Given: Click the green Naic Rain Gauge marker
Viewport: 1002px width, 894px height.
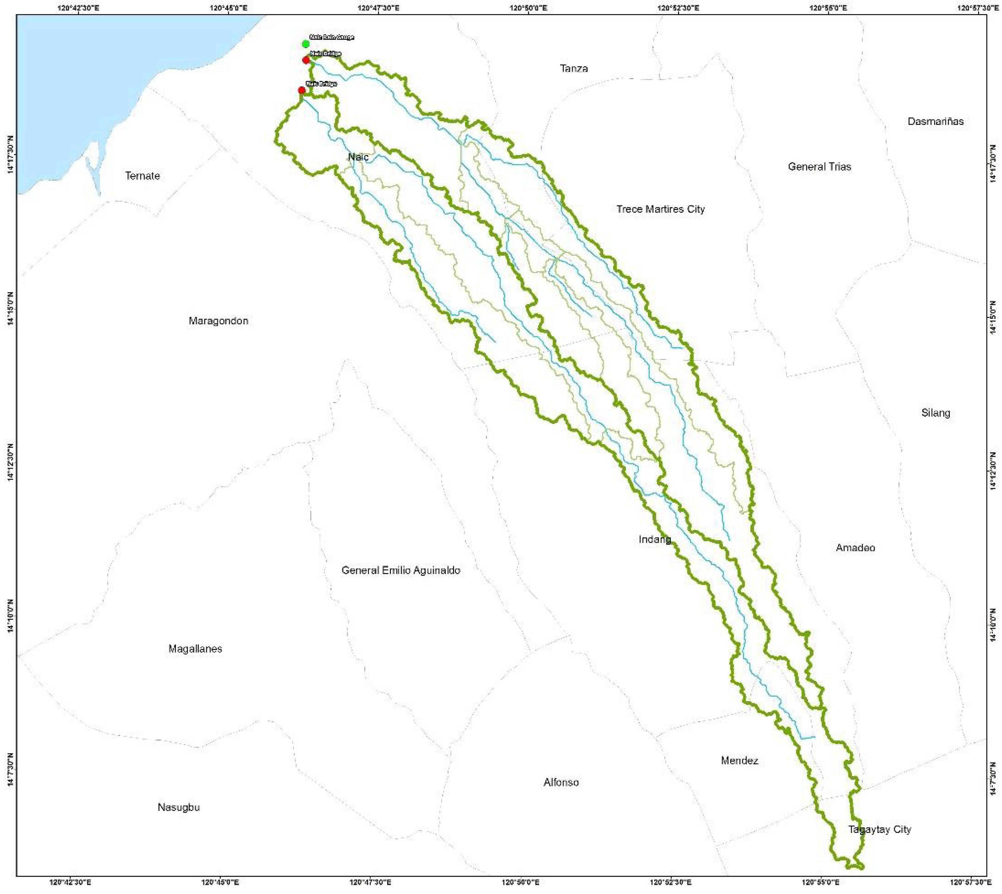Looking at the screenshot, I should [306, 44].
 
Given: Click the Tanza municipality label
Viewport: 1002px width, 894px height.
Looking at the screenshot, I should [574, 68].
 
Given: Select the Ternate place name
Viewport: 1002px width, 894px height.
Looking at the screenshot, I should [142, 176].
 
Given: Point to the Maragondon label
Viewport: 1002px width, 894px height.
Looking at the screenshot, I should [218, 321].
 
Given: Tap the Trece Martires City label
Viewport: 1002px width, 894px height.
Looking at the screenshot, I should [660, 209].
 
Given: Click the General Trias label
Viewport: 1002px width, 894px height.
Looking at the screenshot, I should [819, 167].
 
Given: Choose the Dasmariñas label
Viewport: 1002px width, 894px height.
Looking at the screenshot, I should [935, 121].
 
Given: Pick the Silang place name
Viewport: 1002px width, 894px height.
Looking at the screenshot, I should [935, 413].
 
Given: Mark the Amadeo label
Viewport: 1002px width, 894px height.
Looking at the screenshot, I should [855, 548].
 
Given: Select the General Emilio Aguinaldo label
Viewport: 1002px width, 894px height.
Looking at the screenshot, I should [401, 570].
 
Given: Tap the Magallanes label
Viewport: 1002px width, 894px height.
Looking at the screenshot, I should [195, 648].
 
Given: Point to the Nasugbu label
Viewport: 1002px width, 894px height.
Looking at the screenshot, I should [179, 807].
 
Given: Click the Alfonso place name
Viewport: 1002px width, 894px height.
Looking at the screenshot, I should [561, 782].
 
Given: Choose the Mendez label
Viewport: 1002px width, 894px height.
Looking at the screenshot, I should [739, 761].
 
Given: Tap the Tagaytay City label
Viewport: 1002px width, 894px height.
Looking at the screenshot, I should [879, 829].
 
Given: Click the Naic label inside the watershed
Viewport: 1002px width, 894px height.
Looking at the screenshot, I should [358, 157].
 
